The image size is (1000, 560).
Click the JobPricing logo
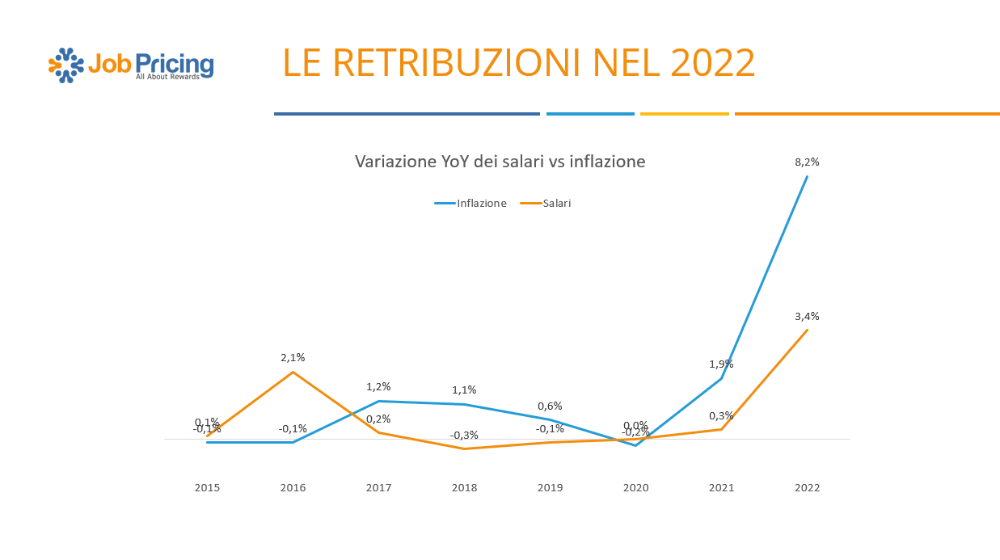132,65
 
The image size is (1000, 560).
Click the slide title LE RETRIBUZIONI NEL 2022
519,63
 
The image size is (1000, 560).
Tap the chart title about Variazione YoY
500,162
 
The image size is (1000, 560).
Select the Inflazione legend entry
470,204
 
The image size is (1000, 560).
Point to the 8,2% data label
807,162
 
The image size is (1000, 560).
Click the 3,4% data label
807,316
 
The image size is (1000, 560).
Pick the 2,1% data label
293,357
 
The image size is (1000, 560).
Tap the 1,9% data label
721,364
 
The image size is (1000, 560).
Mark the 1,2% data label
378,386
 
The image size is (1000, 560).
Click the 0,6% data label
550,406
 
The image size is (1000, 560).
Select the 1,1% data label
464,389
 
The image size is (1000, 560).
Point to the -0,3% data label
464,435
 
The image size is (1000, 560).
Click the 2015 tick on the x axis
207,487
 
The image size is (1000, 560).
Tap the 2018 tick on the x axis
464,487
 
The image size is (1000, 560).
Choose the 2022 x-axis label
807,487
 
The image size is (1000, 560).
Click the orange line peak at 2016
293,372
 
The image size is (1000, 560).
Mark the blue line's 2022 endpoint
807,176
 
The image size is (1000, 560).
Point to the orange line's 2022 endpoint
807,330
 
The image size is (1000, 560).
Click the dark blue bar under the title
407,114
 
